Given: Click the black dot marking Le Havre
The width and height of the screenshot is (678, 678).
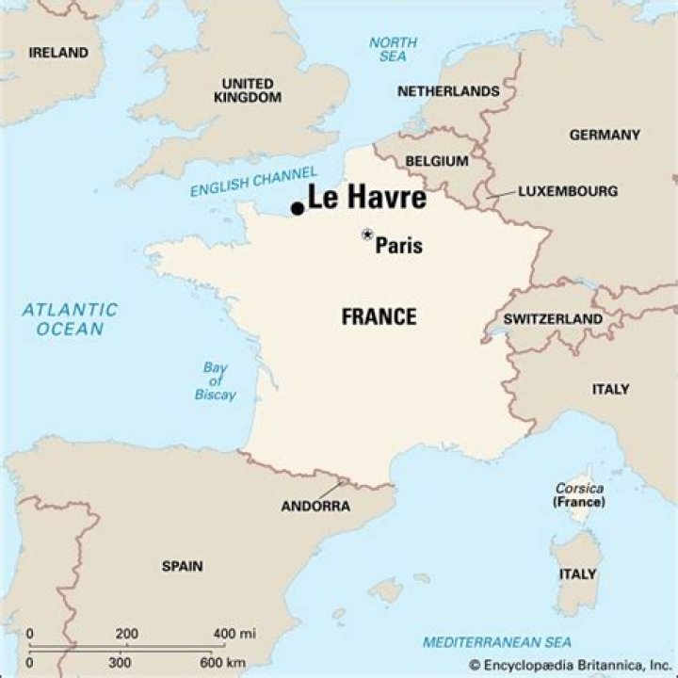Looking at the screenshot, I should click(298, 208).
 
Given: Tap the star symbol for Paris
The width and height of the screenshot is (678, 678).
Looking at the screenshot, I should click(367, 234).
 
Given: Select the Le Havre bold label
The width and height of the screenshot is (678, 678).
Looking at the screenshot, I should click(367, 199).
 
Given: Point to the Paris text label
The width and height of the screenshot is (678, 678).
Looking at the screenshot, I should click(399, 247).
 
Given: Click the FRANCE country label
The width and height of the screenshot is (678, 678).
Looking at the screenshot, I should click(379, 317).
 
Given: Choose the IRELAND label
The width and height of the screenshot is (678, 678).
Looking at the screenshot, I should click(59, 53).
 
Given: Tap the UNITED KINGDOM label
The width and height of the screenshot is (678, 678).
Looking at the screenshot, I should click(248, 90).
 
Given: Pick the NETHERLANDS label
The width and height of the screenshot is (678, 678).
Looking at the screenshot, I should click(448, 91).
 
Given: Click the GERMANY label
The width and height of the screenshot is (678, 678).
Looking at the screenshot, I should click(605, 135).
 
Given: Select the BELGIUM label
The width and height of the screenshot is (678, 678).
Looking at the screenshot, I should click(437, 161).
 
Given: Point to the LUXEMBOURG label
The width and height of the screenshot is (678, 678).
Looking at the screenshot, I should click(568, 191).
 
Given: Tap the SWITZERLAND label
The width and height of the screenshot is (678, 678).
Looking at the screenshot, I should click(553, 319).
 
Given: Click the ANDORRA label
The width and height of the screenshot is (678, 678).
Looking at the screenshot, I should click(315, 506).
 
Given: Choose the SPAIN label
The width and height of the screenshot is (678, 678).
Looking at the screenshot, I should click(182, 566).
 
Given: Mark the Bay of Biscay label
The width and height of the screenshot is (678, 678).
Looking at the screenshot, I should click(216, 380).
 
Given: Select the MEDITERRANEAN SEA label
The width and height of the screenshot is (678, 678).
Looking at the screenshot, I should click(496, 642).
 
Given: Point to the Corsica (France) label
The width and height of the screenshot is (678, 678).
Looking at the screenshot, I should click(579, 495).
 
